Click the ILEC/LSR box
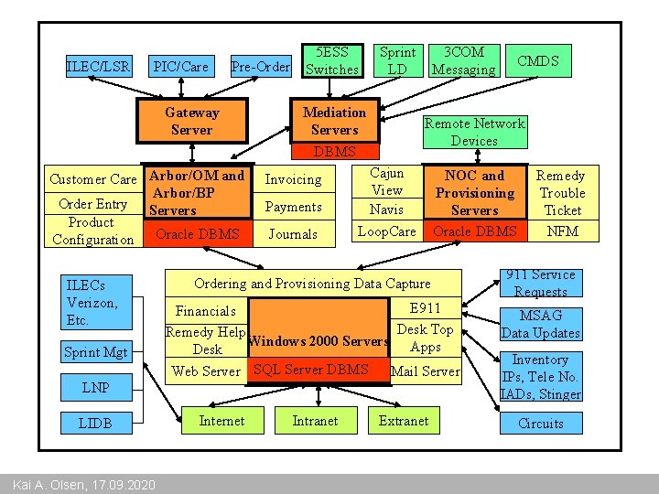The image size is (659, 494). [x=99, y=67]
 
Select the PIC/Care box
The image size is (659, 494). [x=180, y=67]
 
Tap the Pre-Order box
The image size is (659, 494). [x=260, y=67]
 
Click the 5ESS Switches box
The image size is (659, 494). [x=331, y=60]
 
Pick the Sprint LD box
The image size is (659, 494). [x=397, y=60]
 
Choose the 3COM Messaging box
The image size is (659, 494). [x=463, y=60]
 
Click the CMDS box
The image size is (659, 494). [x=537, y=61]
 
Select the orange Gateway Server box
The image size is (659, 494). [x=192, y=121]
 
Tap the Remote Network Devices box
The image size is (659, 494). [x=474, y=132]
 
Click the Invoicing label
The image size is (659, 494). [x=293, y=179]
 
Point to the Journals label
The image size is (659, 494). [x=293, y=234]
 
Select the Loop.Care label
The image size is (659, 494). [x=386, y=231]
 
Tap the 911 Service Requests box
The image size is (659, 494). [x=540, y=284]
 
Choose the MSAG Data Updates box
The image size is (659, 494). [x=540, y=324]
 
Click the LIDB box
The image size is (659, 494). [x=95, y=423]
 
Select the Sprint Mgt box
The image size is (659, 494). [x=95, y=351]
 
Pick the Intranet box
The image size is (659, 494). [x=315, y=421]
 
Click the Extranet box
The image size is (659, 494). [x=403, y=421]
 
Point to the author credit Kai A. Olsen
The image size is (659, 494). [x=79, y=484]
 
